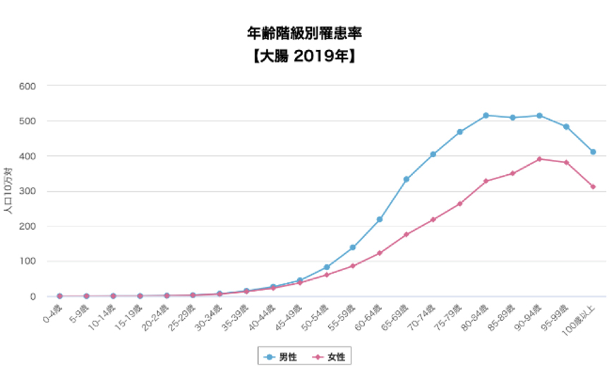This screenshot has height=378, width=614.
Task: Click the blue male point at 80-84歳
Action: [x=486, y=116]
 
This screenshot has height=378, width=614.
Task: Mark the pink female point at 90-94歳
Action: [x=540, y=159]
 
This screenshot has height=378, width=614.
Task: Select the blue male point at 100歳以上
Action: [x=594, y=152]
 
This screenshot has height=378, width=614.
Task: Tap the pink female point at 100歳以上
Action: [x=594, y=186]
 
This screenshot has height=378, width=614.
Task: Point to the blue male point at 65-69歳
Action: [x=407, y=179]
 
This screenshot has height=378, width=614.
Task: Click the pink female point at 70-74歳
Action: [x=433, y=219]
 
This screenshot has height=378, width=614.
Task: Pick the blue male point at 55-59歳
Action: [x=353, y=248]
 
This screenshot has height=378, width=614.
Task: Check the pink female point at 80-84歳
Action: [x=486, y=181]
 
